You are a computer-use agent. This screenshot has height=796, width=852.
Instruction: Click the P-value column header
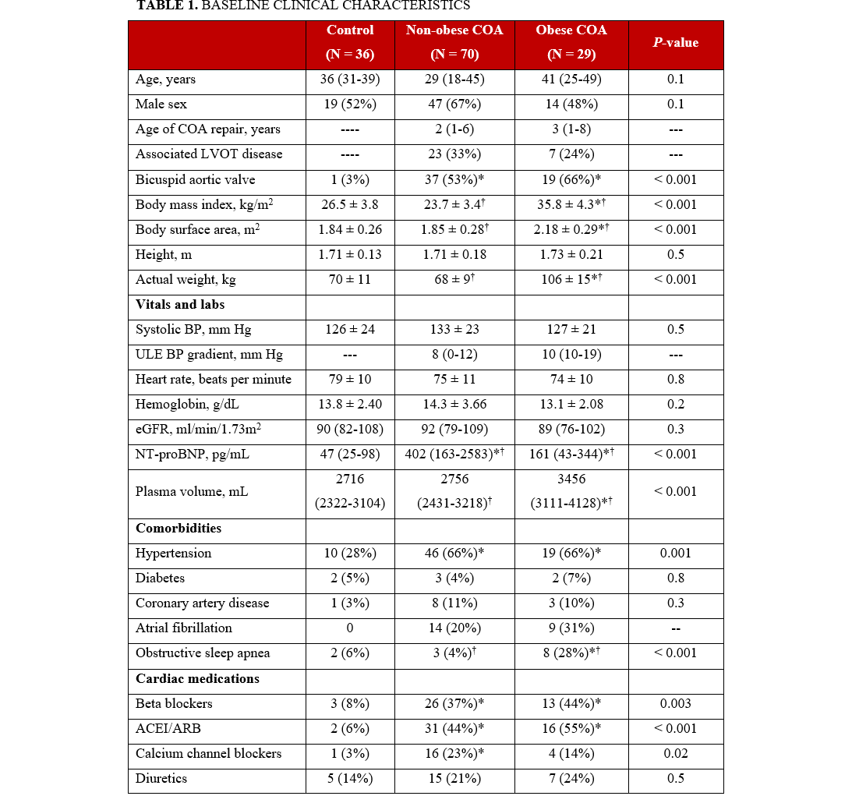(675, 43)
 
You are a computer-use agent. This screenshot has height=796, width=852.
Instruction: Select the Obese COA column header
(571, 30)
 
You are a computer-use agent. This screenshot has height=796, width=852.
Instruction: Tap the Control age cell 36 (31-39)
(350, 80)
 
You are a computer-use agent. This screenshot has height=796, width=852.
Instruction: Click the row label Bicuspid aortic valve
(195, 180)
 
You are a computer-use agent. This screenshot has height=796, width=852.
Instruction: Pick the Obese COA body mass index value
(571, 205)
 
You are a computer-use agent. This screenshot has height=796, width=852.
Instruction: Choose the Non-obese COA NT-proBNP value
(454, 455)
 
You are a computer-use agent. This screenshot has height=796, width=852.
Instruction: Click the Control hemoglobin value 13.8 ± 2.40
(350, 405)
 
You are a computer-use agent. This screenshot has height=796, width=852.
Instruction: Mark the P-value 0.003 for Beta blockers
(675, 704)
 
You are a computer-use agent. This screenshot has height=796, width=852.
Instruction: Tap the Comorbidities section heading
(179, 529)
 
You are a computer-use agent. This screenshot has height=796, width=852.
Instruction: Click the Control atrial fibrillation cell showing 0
(350, 628)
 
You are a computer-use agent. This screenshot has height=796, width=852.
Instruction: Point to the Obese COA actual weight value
(571, 280)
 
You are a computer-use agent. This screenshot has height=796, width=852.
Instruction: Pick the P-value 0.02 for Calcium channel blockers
(675, 754)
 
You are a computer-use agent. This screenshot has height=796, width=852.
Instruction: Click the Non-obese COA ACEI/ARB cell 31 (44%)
(454, 729)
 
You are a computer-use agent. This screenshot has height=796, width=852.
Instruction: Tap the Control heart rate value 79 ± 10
(350, 380)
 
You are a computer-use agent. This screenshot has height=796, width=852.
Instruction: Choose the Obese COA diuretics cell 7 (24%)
(571, 779)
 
